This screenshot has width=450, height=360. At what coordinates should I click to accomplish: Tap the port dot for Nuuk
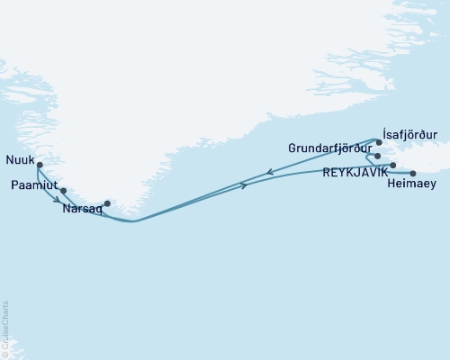(x=39, y=165)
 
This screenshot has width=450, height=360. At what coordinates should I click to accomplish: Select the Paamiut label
(x=34, y=185)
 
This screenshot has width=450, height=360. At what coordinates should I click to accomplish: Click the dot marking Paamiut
(x=63, y=191)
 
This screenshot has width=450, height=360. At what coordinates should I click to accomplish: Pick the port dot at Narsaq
(x=107, y=202)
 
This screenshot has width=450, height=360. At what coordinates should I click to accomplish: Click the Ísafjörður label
(x=409, y=134)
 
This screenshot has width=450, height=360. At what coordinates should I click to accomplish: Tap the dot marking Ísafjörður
(x=379, y=142)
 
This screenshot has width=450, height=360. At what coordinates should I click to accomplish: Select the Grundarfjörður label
(x=331, y=147)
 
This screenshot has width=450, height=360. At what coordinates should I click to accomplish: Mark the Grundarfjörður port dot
(x=378, y=156)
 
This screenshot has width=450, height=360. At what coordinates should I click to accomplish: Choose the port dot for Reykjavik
(x=393, y=166)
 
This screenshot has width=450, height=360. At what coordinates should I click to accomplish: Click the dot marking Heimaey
(x=413, y=174)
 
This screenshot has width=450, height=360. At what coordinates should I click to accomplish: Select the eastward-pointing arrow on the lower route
(x=244, y=186)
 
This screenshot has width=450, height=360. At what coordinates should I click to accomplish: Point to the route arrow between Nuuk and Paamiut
(x=56, y=200)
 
